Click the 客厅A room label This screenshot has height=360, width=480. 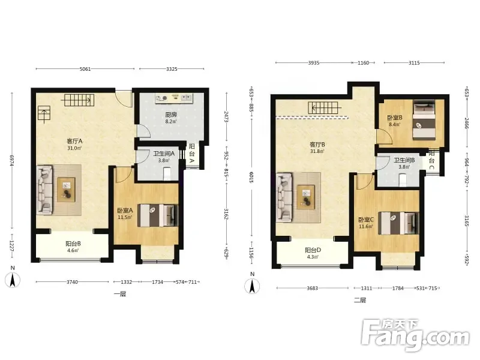click(x=74, y=142)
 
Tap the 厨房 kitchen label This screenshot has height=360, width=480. click(x=171, y=115)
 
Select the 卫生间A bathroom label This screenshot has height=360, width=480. click(x=164, y=154)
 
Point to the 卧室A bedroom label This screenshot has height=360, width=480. click(x=125, y=211)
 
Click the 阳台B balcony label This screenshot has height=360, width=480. click(x=73, y=244)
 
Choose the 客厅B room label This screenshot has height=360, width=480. click(x=317, y=145)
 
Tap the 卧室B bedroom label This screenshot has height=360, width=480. click(x=395, y=118)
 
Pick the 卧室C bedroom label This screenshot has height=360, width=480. click(x=366, y=220)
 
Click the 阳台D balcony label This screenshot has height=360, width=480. click(x=313, y=250)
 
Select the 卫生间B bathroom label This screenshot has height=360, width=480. click(x=404, y=160)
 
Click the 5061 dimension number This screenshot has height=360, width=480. click(x=85, y=69)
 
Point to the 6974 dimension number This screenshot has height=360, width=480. click(x=12, y=161)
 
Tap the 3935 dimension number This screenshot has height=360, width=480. click(x=314, y=63)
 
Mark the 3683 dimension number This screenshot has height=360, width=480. click(x=312, y=288)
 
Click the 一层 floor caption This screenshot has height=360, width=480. click(x=120, y=294)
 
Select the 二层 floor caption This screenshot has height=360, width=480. click(x=360, y=300)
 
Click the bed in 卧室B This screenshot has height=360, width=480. click(x=424, y=121)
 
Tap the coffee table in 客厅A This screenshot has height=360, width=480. click(x=67, y=190)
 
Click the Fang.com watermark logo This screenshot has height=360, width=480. click(x=415, y=335)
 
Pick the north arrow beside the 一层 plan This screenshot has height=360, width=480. click(x=13, y=280)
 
